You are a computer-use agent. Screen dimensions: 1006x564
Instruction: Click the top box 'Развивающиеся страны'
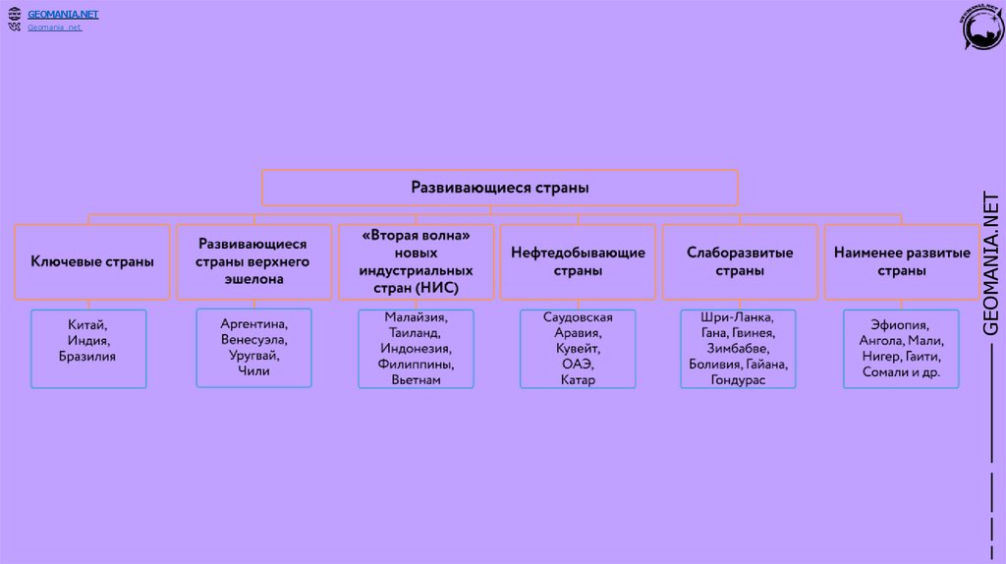[499, 187]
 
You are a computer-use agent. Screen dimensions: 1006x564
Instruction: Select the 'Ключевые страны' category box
[92, 261]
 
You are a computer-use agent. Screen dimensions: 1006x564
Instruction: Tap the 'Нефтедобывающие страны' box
[578, 261]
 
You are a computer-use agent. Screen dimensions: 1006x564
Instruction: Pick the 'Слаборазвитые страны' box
[740, 261]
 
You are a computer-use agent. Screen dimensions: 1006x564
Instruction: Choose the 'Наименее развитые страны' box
[902, 261]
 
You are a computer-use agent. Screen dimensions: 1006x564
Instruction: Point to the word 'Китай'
[87, 324]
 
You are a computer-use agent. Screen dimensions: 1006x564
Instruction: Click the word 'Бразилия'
[87, 356]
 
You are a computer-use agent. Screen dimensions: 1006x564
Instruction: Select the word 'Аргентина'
[253, 323]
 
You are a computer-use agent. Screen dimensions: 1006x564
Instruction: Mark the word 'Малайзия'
[416, 317]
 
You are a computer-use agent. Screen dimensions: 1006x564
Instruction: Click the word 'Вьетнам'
[416, 379]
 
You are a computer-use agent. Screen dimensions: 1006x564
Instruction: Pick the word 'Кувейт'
[578, 349]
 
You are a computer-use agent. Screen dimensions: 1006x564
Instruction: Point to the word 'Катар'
[578, 379]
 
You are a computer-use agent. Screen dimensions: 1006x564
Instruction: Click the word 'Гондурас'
[739, 379]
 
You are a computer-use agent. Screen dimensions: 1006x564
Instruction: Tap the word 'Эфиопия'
[901, 324]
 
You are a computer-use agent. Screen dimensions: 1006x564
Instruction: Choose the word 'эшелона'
[253, 279]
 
